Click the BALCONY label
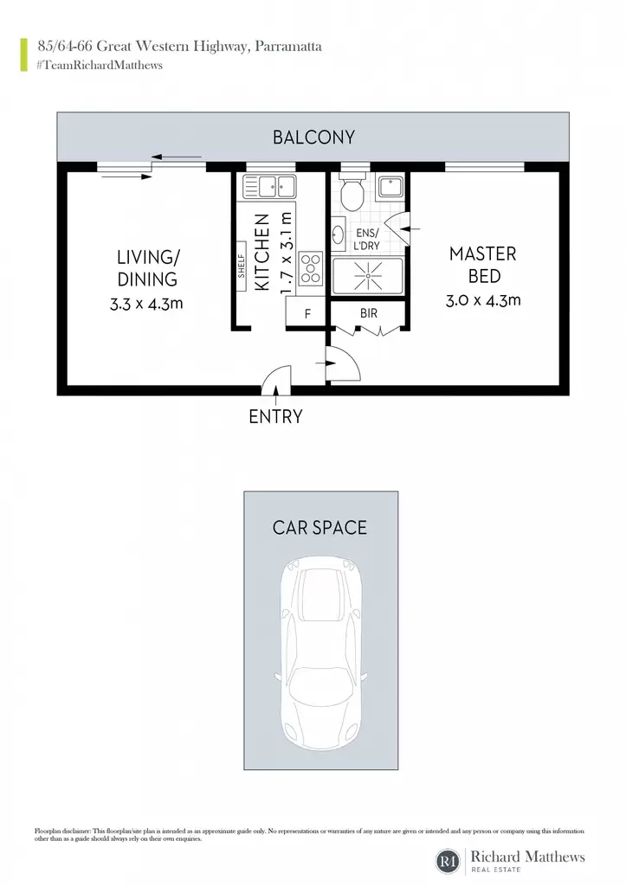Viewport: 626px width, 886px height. coord(313,138)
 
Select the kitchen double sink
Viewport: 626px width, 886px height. coord(269,186)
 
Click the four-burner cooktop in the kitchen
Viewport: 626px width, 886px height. coord(311,268)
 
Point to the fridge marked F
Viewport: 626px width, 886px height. coord(306,311)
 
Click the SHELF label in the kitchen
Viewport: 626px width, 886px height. coord(241,266)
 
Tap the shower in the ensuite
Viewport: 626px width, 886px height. coord(368,276)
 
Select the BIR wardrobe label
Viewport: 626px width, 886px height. coord(368,313)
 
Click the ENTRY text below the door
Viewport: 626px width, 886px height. coord(275,417)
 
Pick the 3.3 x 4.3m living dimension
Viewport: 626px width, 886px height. coord(146,304)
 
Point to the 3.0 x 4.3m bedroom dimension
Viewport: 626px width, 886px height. coord(483,300)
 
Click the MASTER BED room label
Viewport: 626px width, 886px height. coord(483,265)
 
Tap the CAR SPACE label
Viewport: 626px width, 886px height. coord(320,528)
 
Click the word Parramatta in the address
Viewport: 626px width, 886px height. coord(288,47)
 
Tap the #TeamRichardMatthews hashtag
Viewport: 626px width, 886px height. coord(100,66)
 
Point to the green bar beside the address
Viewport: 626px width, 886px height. coord(23,55)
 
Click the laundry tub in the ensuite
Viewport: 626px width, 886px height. coord(390,187)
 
